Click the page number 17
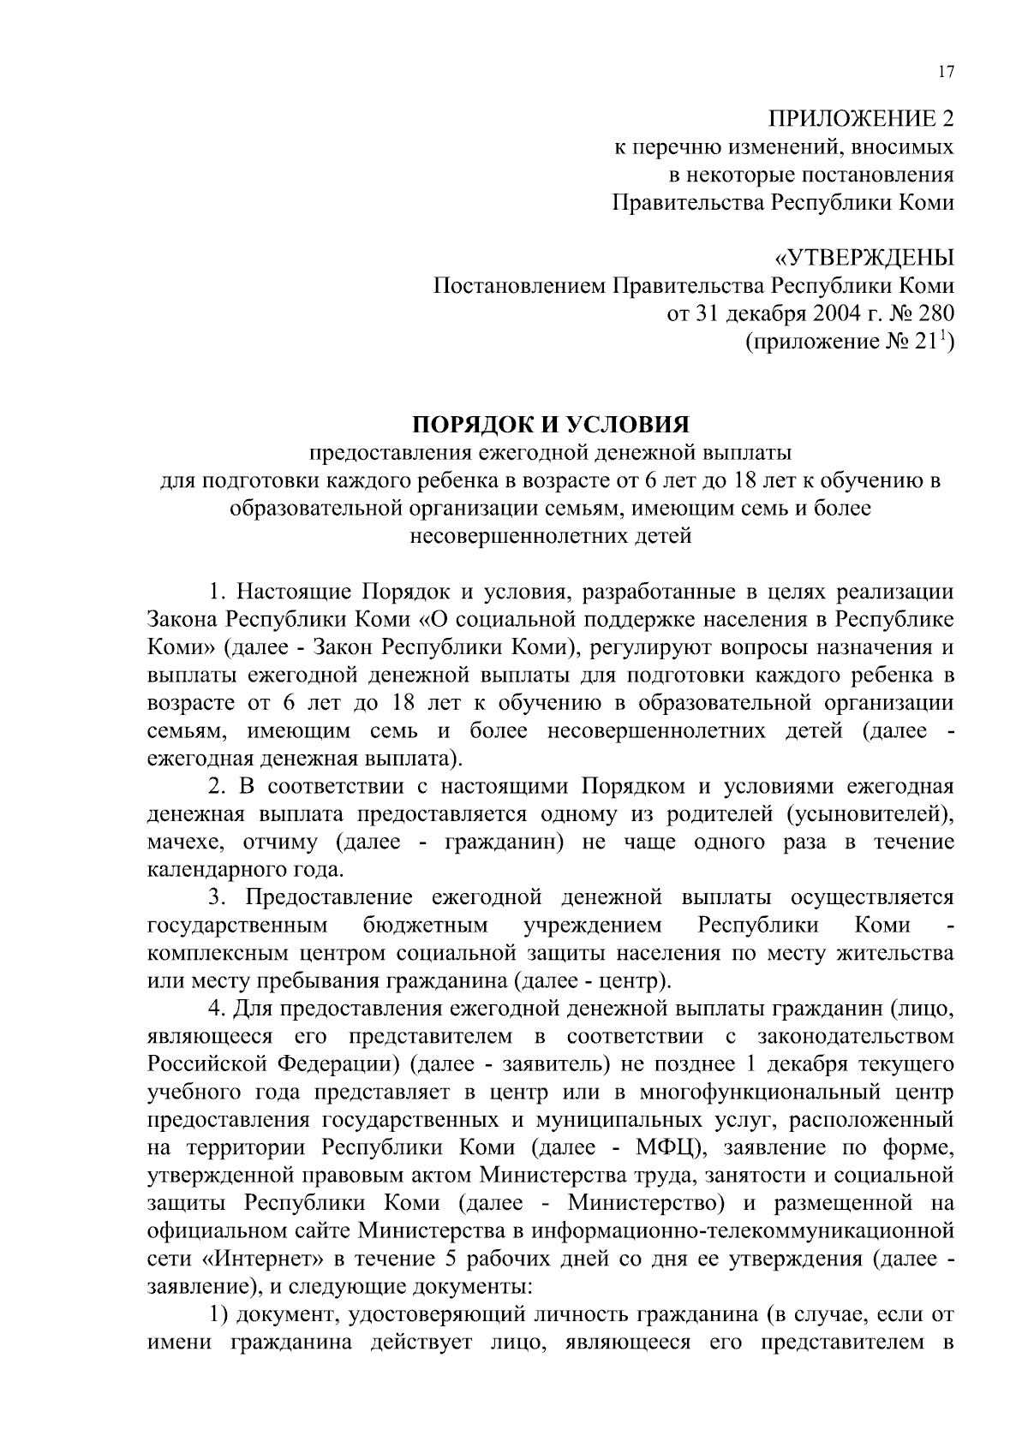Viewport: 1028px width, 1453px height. click(945, 72)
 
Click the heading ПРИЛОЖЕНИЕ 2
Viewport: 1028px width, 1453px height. click(859, 120)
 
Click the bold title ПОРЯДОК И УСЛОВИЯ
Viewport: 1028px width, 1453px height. click(551, 425)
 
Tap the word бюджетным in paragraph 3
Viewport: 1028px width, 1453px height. click(425, 926)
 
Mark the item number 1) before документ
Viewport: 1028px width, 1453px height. click(219, 1314)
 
